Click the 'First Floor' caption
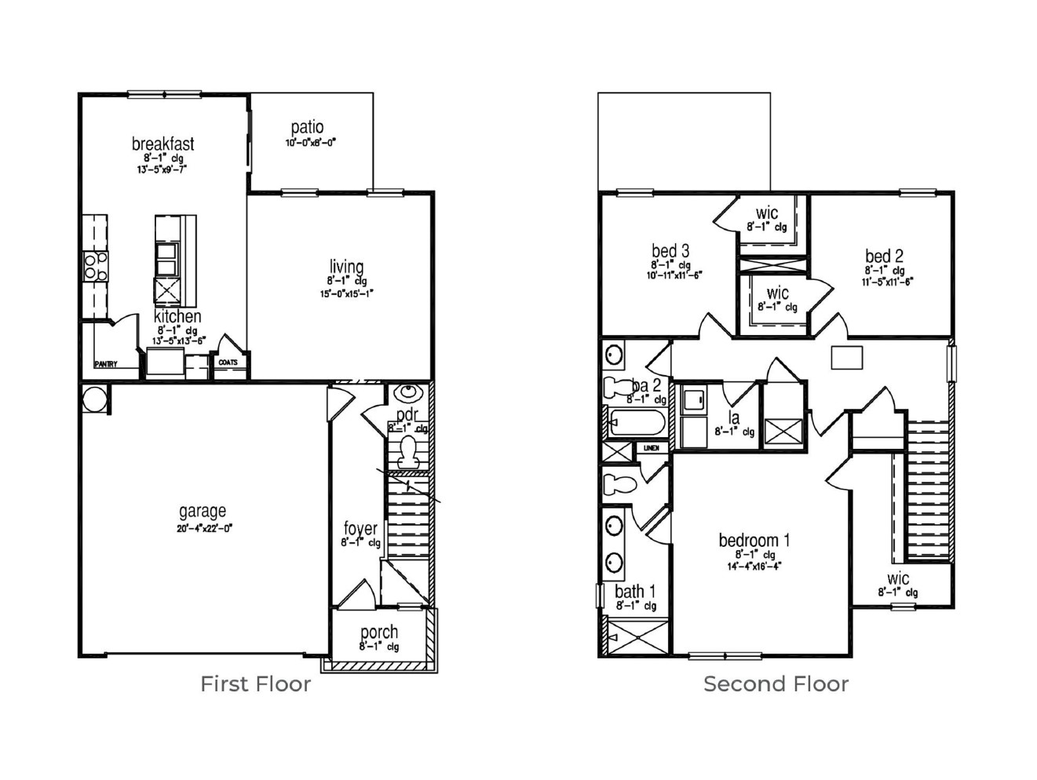pyautogui.click(x=255, y=684)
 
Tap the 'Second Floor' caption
pyautogui.click(x=776, y=684)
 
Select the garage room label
pyautogui.click(x=203, y=512)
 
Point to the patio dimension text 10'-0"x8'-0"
pyautogui.click(x=310, y=144)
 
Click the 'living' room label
pyautogui.click(x=346, y=267)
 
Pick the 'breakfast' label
pyautogui.click(x=162, y=144)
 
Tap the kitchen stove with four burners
pyautogui.click(x=96, y=267)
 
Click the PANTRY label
pyautogui.click(x=106, y=364)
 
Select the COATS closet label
pyautogui.click(x=228, y=363)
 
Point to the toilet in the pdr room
pyautogui.click(x=407, y=450)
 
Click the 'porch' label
pyautogui.click(x=379, y=632)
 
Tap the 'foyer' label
pyautogui.click(x=360, y=528)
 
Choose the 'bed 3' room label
pyautogui.click(x=670, y=251)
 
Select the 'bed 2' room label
pyautogui.click(x=884, y=256)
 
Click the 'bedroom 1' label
pyautogui.click(x=754, y=540)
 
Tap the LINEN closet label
pyautogui.click(x=652, y=448)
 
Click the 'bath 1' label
pyautogui.click(x=635, y=591)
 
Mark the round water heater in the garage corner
pyautogui.click(x=95, y=399)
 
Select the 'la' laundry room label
pyautogui.click(x=734, y=417)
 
